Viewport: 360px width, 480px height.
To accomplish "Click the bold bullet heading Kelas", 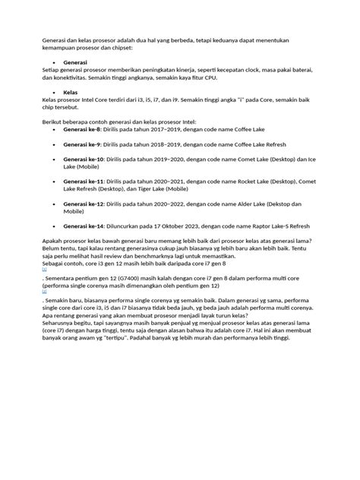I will pyautogui.click(x=71, y=91).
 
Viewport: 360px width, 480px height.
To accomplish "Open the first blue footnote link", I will pyautogui.click(x=45, y=269).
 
